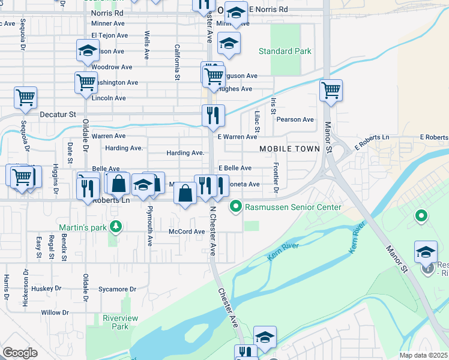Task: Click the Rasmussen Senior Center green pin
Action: (x=236, y=207)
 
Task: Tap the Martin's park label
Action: (x=85, y=227)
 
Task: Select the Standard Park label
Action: (x=285, y=51)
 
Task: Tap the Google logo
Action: (x=20, y=353)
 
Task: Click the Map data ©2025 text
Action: (x=424, y=355)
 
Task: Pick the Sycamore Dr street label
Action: (x=118, y=289)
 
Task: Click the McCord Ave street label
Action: (x=187, y=232)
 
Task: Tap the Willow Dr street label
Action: (x=55, y=313)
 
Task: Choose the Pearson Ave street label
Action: (x=295, y=119)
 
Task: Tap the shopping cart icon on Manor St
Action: (x=331, y=91)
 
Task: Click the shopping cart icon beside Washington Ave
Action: (x=86, y=82)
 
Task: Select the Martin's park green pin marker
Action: (x=118, y=227)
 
